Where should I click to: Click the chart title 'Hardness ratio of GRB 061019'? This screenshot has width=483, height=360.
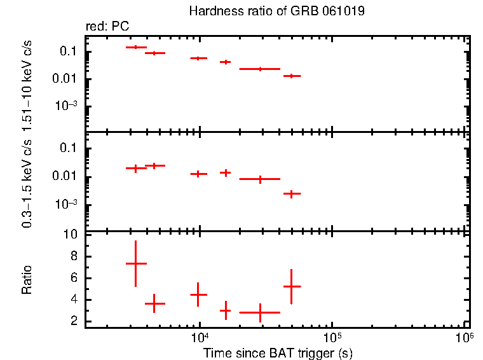pyautogui.click(x=277, y=11)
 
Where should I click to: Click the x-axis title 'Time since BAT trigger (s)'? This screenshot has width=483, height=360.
pyautogui.click(x=277, y=352)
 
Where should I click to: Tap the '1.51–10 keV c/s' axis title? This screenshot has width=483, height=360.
pyautogui.click(x=27, y=83)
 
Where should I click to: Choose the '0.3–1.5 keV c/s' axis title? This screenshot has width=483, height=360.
pyautogui.click(x=27, y=184)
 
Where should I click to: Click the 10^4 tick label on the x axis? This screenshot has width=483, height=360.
pyautogui.click(x=200, y=336)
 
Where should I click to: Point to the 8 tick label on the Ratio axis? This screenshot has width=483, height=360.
pyautogui.click(x=75, y=256)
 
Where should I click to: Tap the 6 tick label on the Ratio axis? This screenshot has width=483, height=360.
pyautogui.click(x=75, y=278)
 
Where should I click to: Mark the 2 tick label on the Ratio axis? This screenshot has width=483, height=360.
pyautogui.click(x=75, y=321)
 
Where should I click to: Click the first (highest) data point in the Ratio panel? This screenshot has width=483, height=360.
pyautogui.click(x=135, y=263)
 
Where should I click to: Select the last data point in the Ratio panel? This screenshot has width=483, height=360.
pyautogui.click(x=292, y=286)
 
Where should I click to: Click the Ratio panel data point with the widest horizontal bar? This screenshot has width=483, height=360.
pyautogui.click(x=259, y=312)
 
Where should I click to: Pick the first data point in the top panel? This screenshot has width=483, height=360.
pyautogui.click(x=135, y=47)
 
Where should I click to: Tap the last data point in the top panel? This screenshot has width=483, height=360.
pyautogui.click(x=292, y=76)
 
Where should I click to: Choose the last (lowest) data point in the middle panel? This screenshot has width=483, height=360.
pyautogui.click(x=292, y=193)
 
